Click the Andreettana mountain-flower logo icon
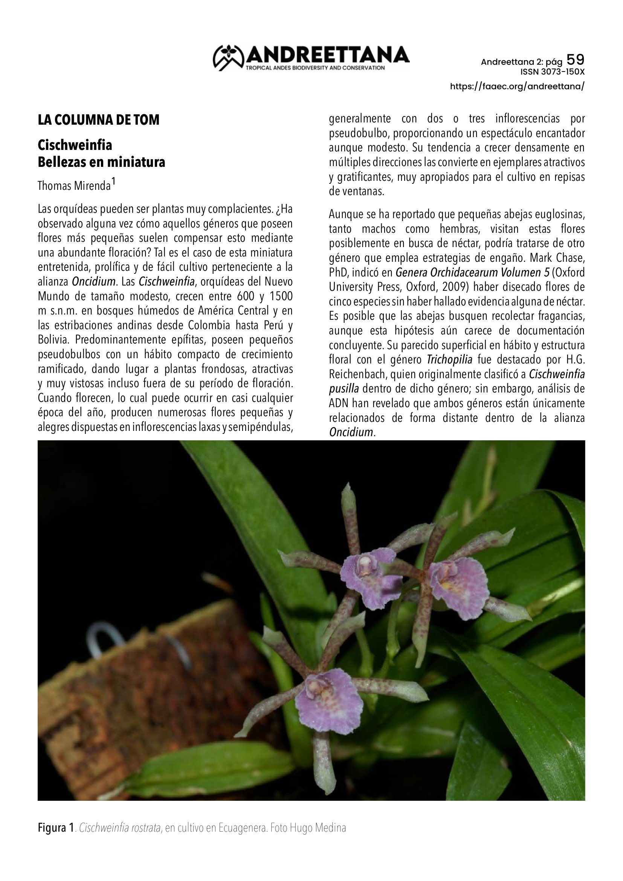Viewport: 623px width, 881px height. (x=229, y=58)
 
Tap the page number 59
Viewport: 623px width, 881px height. (x=576, y=60)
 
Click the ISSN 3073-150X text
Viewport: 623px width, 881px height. (x=552, y=72)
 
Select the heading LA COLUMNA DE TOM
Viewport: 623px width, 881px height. (x=98, y=120)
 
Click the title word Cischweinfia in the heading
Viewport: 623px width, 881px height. (x=75, y=145)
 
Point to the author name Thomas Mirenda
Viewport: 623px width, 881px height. (x=74, y=186)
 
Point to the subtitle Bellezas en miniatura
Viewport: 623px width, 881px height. (x=101, y=162)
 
